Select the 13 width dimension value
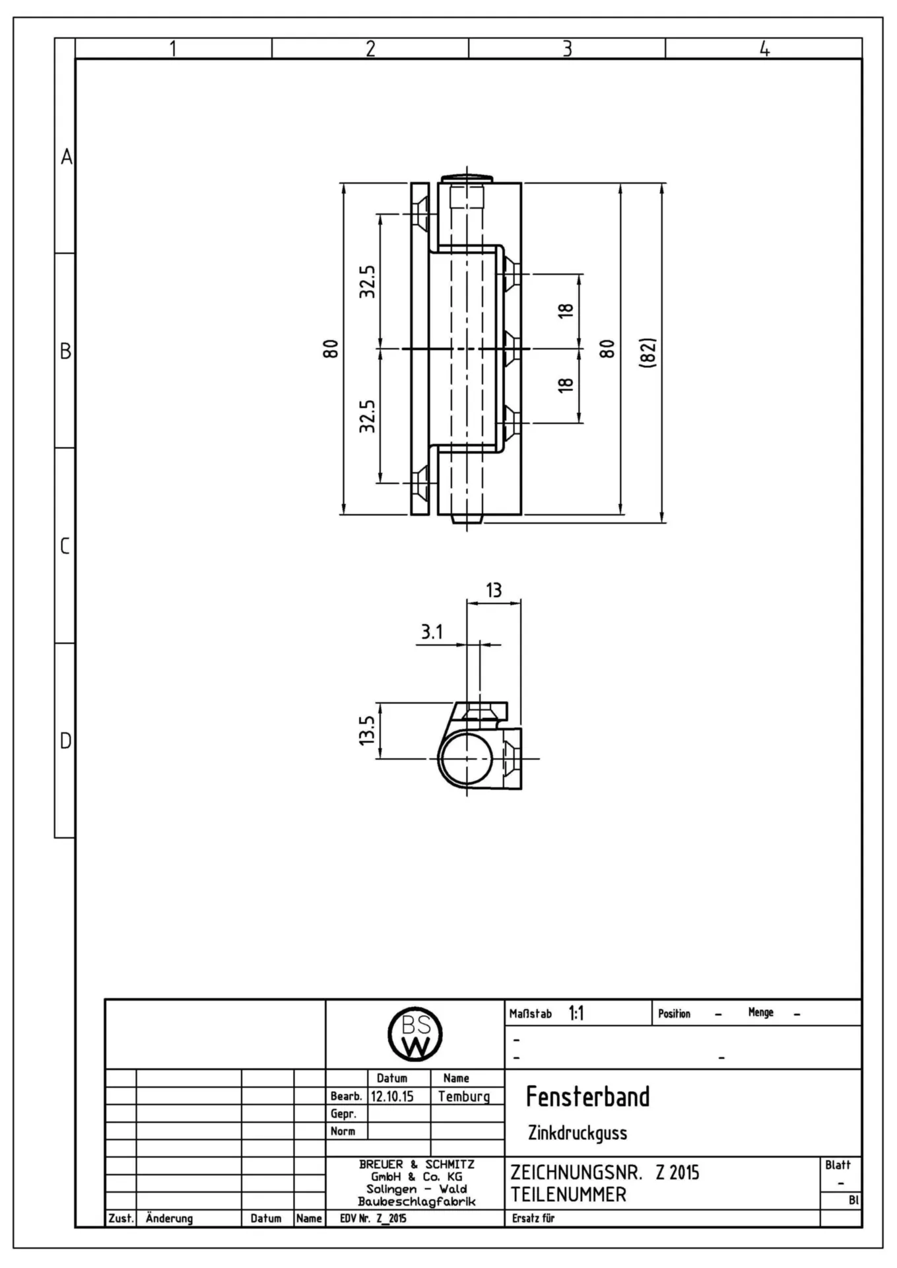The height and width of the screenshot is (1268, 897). (494, 590)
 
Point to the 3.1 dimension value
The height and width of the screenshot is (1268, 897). (432, 632)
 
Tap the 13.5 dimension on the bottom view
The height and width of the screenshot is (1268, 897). (367, 730)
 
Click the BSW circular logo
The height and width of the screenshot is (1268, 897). (415, 1035)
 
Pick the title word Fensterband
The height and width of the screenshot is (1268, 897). (587, 1096)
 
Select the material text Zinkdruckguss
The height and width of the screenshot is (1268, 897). (578, 1133)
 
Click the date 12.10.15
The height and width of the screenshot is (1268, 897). (392, 1096)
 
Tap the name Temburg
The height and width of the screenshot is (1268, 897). (464, 1097)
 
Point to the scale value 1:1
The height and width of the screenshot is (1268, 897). (576, 1014)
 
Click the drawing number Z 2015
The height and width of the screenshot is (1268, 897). (677, 1173)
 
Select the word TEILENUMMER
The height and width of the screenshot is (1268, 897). (568, 1194)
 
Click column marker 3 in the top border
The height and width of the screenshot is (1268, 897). (567, 48)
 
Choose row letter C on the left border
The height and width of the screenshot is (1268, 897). (65, 546)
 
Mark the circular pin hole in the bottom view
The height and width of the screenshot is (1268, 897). (467, 758)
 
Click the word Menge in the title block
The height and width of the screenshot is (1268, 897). (760, 1012)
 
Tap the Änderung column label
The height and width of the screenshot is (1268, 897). (169, 1218)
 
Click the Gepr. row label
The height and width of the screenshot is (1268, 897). (343, 1114)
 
